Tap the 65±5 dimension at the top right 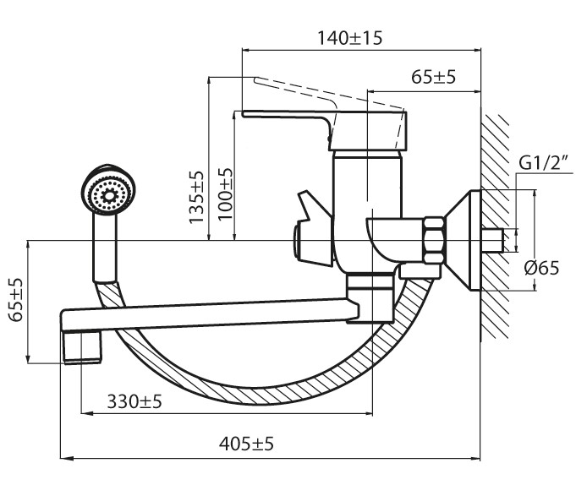tap(434, 77)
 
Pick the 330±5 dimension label tap(134, 401)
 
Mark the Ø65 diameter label tap(540, 268)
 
